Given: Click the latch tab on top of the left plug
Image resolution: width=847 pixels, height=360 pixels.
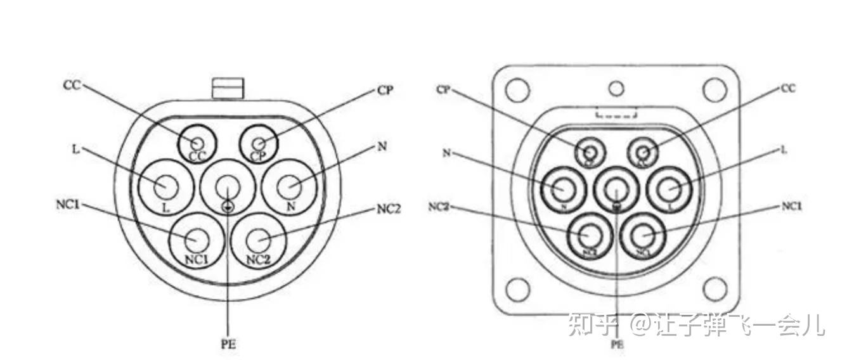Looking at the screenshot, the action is (x=228, y=88).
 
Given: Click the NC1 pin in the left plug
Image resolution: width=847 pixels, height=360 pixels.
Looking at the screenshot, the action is (x=196, y=240).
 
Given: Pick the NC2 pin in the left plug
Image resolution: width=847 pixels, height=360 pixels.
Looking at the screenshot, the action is (x=259, y=240).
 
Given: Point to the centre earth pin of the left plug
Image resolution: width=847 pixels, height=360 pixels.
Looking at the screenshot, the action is (x=227, y=187).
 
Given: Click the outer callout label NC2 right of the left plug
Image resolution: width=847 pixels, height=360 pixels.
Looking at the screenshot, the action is (x=388, y=209).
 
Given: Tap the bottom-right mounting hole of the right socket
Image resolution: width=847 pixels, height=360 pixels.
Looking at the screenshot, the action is (x=714, y=288).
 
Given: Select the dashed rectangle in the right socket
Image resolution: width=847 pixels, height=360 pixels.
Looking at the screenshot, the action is (x=616, y=113).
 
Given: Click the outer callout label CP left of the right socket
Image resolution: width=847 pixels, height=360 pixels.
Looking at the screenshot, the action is (x=444, y=90).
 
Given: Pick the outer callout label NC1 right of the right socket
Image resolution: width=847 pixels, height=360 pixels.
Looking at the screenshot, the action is (x=791, y=207).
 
